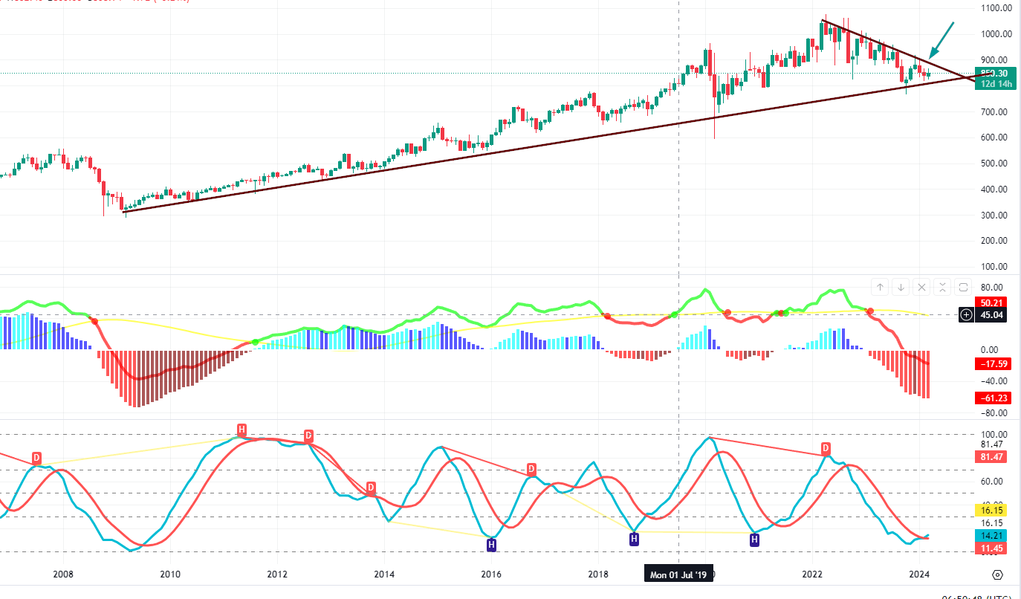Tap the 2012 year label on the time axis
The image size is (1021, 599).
pyautogui.click(x=277, y=574)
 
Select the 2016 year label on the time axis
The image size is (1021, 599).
pyautogui.click(x=490, y=574)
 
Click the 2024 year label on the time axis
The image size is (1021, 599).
pyautogui.click(x=920, y=574)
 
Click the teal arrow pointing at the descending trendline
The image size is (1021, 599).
pyautogui.click(x=941, y=40)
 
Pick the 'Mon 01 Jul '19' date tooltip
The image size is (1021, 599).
pyautogui.click(x=678, y=574)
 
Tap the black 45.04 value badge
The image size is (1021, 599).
pyautogui.click(x=991, y=315)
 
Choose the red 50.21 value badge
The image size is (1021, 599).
pyautogui.click(x=991, y=302)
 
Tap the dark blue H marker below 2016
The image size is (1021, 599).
pyautogui.click(x=491, y=545)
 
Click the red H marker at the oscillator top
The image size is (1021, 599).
pyautogui.click(x=242, y=430)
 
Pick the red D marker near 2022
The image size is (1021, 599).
pyautogui.click(x=826, y=448)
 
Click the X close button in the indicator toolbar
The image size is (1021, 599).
pyautogui.click(x=921, y=287)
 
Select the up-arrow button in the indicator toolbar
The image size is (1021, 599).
pyautogui.click(x=880, y=287)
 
